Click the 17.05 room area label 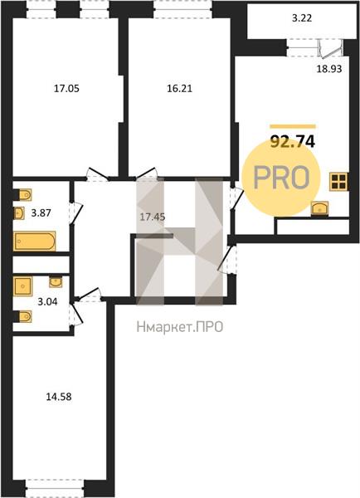click(x=66, y=88)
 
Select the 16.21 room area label click(x=180, y=88)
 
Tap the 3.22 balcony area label click(x=302, y=18)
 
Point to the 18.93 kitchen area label click(x=329, y=69)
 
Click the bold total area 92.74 click(x=292, y=142)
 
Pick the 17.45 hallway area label click(x=153, y=217)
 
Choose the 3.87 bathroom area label click(x=41, y=212)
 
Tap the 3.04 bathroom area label click(x=47, y=301)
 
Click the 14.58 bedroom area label click(x=59, y=397)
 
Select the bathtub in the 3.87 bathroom click(x=34, y=242)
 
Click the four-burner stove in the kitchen click(x=338, y=182)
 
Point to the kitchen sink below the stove click(x=319, y=208)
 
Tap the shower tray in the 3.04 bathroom click(x=23, y=286)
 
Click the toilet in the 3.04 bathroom click(x=25, y=317)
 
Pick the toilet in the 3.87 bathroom click(x=25, y=195)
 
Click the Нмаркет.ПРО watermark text click(x=180, y=327)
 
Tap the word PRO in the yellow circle click(x=281, y=178)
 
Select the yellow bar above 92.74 click(x=293, y=126)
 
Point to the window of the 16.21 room click(x=182, y=9)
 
